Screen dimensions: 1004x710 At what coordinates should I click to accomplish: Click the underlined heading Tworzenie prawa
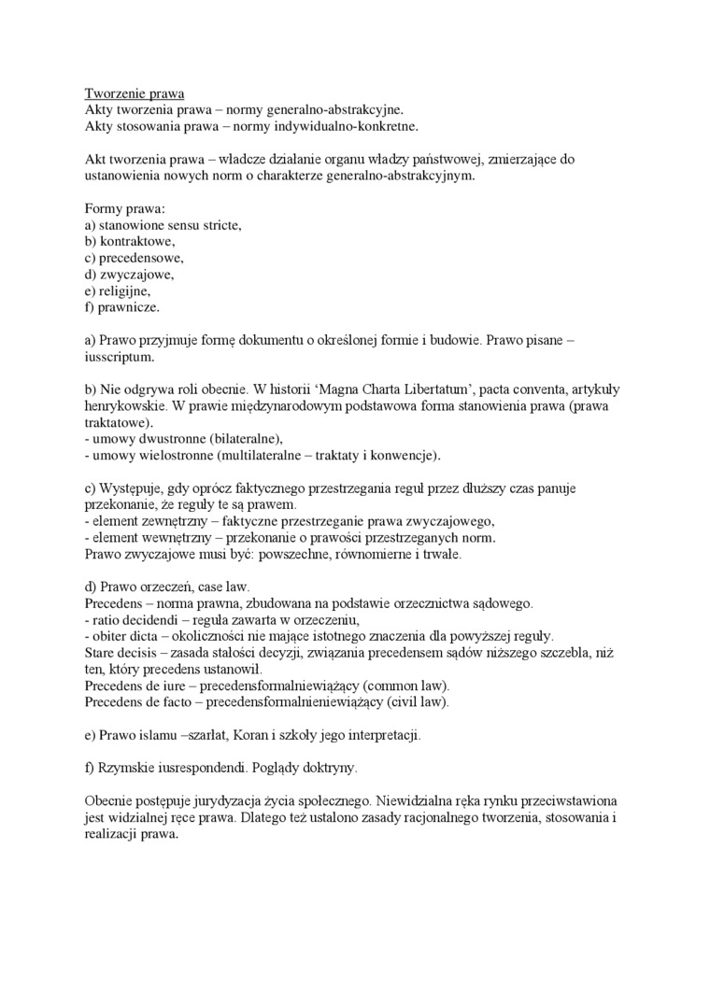(135, 93)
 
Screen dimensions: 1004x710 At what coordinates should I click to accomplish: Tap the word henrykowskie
(126, 405)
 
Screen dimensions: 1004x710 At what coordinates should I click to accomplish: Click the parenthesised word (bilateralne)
(235, 438)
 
